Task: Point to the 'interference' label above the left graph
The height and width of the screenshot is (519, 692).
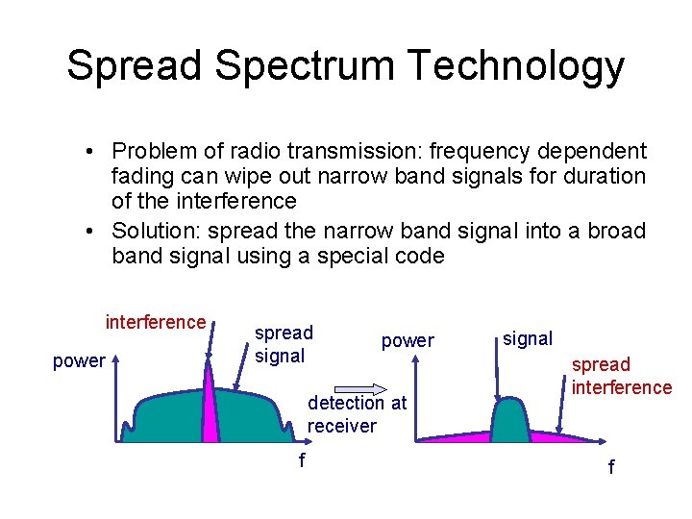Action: click(x=156, y=322)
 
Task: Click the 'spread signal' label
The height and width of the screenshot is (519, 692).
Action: click(x=284, y=344)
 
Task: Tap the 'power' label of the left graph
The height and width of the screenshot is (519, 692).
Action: click(x=79, y=361)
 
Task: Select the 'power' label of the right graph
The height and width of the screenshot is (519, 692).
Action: click(x=408, y=340)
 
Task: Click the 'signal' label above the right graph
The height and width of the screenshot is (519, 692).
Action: click(x=528, y=338)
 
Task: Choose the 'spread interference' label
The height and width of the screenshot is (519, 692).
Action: click(x=621, y=376)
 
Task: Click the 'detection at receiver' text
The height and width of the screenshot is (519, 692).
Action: click(x=357, y=415)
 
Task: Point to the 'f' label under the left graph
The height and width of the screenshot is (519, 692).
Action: click(x=302, y=461)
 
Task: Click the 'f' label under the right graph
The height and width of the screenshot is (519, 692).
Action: click(x=609, y=468)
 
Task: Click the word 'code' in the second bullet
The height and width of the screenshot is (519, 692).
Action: click(x=424, y=257)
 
